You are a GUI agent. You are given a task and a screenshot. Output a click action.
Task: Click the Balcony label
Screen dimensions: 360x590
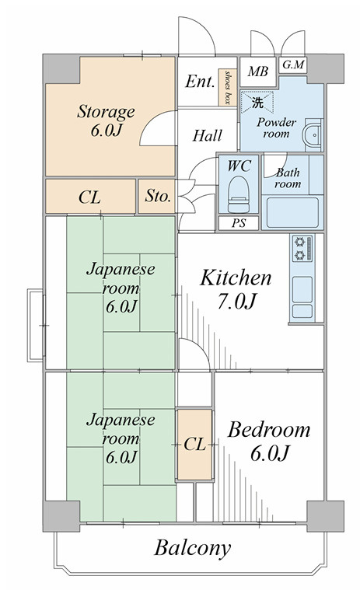pos(192,548)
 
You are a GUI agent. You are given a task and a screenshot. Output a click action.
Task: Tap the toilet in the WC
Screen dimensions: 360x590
pos(239,194)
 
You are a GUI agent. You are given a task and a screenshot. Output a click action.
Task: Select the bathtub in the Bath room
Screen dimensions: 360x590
pos(292,212)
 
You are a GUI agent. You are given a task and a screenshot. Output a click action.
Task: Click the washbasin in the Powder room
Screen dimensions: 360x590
pos(313,134)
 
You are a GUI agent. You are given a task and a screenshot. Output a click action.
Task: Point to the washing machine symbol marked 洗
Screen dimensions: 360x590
pos(257,102)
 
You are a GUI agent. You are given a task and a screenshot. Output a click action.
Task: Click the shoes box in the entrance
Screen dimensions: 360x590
pos(228,87)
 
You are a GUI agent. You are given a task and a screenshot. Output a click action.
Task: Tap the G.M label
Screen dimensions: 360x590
pos(293,65)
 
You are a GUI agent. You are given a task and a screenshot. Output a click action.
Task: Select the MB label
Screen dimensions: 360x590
pos(257,71)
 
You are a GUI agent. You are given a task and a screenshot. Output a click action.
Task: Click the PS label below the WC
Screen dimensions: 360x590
pos(239,223)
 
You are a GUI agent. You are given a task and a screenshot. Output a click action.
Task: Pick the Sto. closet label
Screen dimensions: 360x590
pos(158,196)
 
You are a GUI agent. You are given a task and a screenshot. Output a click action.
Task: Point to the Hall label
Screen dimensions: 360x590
pos(208,135)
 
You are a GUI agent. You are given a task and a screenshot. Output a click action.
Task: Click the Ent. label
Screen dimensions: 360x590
pos(200,82)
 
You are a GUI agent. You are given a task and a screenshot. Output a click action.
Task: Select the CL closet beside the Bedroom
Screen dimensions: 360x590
pos(194,445)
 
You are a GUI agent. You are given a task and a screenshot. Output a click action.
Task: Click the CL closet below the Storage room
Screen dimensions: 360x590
pos(90,197)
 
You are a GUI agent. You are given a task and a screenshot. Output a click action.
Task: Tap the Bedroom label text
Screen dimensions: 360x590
pos(268,430)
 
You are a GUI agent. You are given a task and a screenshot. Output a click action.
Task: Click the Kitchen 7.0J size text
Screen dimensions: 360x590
pos(236,302)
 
